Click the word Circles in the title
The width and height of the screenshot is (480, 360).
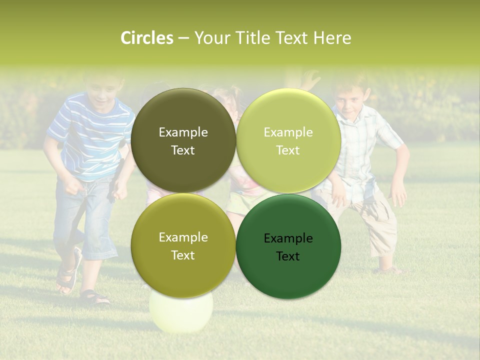point(147,37)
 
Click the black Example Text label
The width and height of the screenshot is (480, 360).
point(288,247)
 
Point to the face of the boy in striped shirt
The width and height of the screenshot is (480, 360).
point(103,92)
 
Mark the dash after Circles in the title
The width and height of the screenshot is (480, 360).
point(183,37)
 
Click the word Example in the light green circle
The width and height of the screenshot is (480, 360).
point(288,132)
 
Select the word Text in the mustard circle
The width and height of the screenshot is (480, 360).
point(183,255)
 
